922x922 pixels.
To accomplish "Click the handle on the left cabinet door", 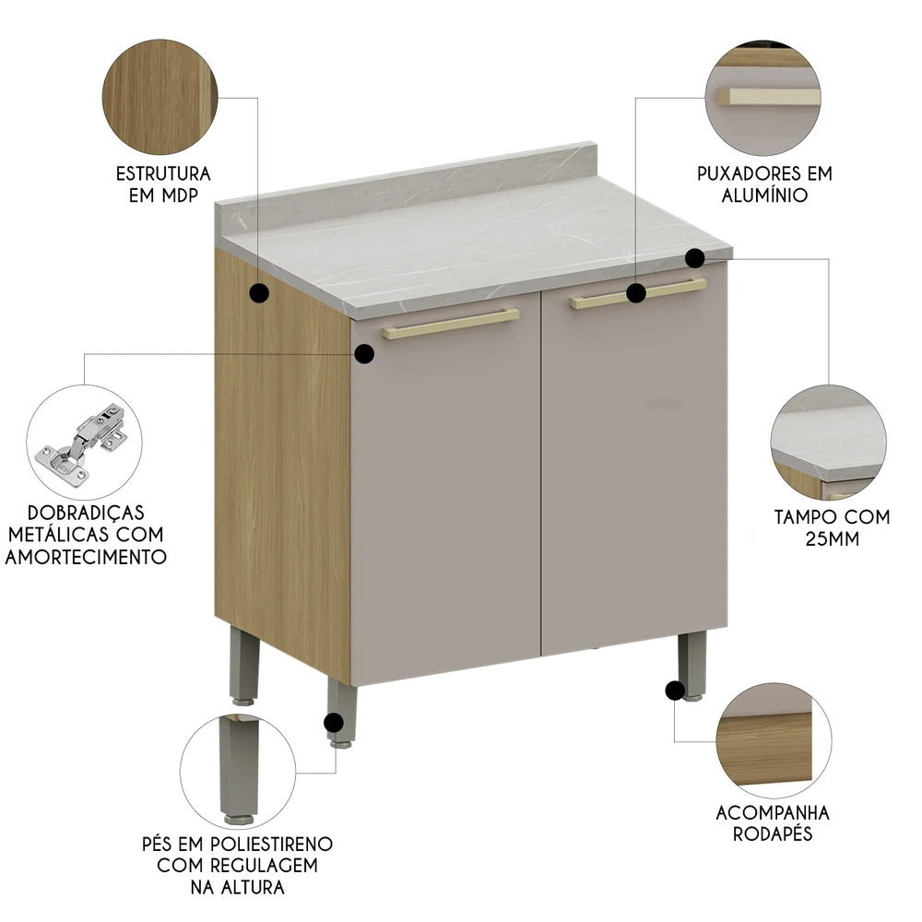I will click(450, 324).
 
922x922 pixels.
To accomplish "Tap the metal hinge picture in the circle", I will click(83, 442).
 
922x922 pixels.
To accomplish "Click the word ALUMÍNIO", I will click(765, 195).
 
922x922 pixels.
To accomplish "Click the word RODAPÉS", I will click(773, 834).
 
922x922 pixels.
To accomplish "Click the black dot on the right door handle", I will click(636, 293).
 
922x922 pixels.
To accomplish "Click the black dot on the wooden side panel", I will click(260, 294).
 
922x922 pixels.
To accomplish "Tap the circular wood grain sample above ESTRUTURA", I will click(162, 100).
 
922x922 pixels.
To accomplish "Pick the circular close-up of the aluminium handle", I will click(762, 99).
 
